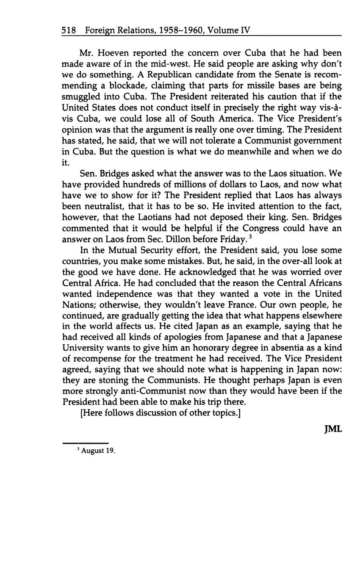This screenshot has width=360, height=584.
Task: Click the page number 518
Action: [69, 30]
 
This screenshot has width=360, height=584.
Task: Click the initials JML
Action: [332, 429]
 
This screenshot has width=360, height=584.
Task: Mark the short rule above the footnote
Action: [85, 443]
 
